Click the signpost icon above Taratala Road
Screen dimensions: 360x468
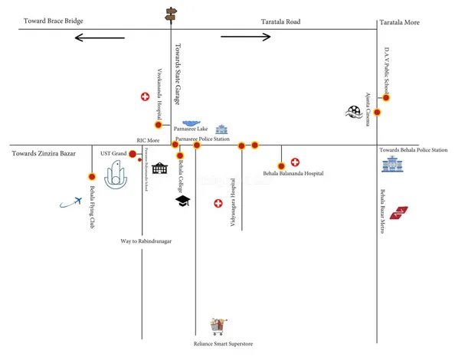pyautogui.click(x=171, y=13)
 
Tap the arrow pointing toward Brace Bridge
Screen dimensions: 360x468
pyautogui.click(x=99, y=36)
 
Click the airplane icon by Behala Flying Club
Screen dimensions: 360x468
pyautogui.click(x=70, y=202)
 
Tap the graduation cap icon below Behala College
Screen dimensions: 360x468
pyautogui.click(x=182, y=201)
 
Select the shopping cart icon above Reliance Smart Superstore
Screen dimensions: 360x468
pyautogui.click(x=220, y=326)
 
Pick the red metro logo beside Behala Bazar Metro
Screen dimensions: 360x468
pyautogui.click(x=399, y=212)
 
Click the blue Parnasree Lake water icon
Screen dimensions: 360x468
pyautogui.click(x=191, y=123)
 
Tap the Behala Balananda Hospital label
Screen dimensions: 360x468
pyautogui.click(x=293, y=175)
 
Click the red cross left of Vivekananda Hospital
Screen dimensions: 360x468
pyautogui.click(x=144, y=97)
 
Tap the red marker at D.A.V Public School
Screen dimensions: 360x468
pyautogui.click(x=387, y=97)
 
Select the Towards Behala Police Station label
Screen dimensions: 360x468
pyautogui.click(x=414, y=150)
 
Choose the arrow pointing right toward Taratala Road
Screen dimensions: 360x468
pyautogui.click(x=244, y=36)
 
